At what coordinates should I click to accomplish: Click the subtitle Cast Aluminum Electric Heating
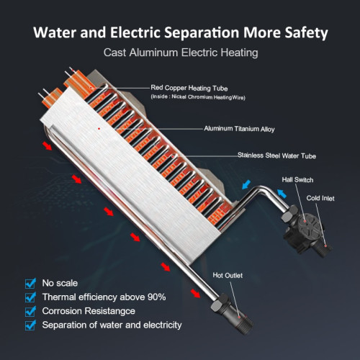[181, 53]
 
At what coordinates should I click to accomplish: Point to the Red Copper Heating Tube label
[189, 88]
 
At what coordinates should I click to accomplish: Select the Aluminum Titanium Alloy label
[239, 129]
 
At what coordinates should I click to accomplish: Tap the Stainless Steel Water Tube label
[276, 156]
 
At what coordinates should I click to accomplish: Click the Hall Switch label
[297, 180]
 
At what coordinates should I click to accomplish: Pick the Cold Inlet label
[320, 198]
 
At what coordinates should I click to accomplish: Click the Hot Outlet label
[228, 275]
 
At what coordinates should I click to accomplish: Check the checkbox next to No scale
[30, 284]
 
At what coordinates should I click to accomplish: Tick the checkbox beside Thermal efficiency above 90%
[30, 297]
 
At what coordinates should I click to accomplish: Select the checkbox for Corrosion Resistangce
[30, 311]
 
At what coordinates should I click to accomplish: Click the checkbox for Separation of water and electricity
[30, 325]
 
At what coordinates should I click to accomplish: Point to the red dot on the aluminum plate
[99, 129]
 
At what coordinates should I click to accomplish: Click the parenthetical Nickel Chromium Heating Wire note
[198, 97]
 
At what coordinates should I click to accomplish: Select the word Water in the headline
[55, 32]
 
